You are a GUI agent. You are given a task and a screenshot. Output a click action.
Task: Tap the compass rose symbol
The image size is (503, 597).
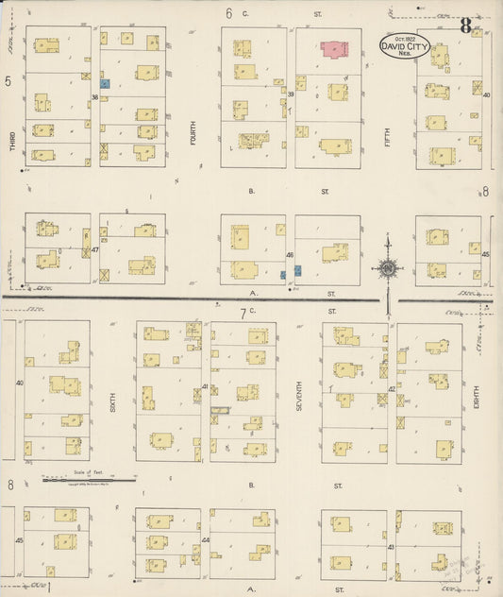pyautogui.click(x=388, y=268)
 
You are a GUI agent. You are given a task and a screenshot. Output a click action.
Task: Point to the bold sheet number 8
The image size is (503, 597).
pyautogui.click(x=465, y=26)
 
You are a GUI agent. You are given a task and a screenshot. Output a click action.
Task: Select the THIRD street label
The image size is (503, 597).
pyautogui.click(x=12, y=141)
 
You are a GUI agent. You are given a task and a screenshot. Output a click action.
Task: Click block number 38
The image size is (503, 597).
pyautogui.click(x=95, y=96)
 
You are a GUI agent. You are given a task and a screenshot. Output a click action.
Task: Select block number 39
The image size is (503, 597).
pyautogui.click(x=291, y=94)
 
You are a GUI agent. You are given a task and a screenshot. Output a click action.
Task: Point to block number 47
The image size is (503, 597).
pyautogui.click(x=95, y=250)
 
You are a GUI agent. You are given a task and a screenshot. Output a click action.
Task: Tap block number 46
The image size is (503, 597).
pyautogui.click(x=290, y=254)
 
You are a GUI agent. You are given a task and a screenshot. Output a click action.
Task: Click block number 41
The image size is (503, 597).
pyautogui.click(x=205, y=386)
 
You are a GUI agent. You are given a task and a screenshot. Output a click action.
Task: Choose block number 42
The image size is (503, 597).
pyautogui.click(x=391, y=388)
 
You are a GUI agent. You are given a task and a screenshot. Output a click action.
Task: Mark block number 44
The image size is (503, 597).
pyautogui.click(x=205, y=540)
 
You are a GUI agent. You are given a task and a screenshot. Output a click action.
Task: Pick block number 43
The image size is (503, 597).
pyautogui.click(x=391, y=547)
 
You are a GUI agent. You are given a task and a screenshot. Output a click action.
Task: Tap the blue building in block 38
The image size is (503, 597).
pyautogui.click(x=106, y=83)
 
